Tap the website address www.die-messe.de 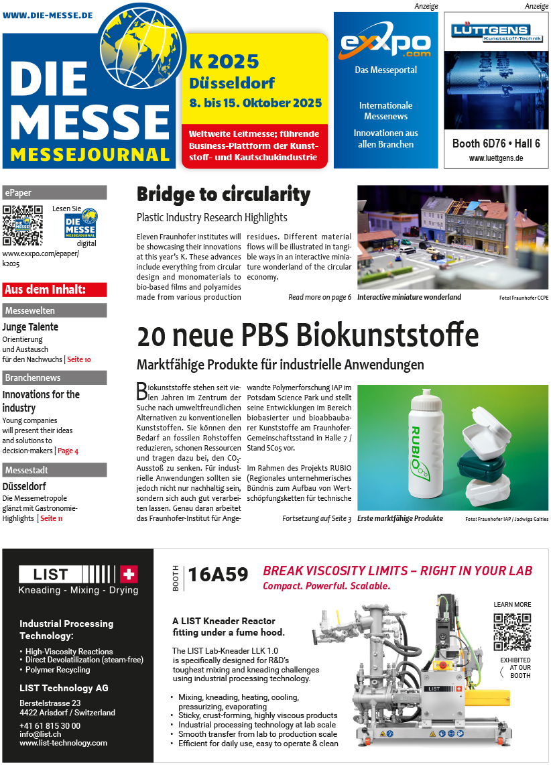click(48, 15)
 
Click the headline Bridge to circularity click(223, 194)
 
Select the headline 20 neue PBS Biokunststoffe click(308, 335)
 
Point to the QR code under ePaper click(22, 225)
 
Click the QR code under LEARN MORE click(512, 632)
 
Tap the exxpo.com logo click(385, 44)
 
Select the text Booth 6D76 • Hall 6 click(496, 143)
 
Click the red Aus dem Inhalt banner click(54, 290)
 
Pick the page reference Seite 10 click(78, 359)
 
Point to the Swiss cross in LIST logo click(128, 574)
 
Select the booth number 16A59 click(218, 575)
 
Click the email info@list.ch click(40, 734)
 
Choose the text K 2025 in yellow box click(224, 62)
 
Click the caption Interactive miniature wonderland click(409, 297)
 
